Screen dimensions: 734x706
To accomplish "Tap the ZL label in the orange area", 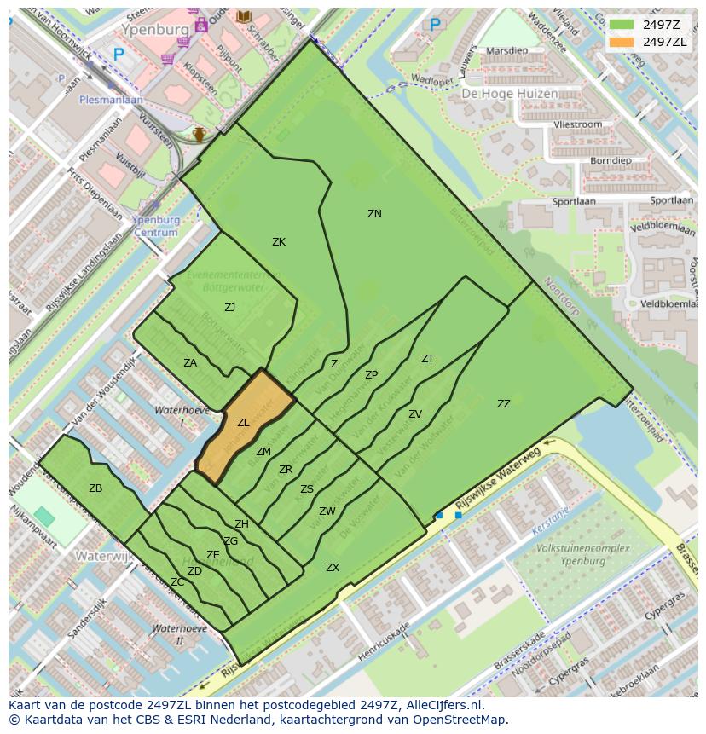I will pyautogui.click(x=243, y=423).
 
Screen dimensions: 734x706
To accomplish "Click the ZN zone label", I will pyautogui.click(x=374, y=214).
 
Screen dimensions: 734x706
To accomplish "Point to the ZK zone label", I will pyautogui.click(x=279, y=242).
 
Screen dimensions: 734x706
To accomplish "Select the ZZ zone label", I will pyautogui.click(x=504, y=404).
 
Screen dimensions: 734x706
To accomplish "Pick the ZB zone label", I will pyautogui.click(x=95, y=488).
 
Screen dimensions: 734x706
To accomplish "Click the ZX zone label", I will pyautogui.click(x=333, y=567).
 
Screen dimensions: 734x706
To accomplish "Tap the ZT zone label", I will pyautogui.click(x=427, y=359).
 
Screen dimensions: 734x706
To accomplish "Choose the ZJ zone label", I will pyautogui.click(x=229, y=308).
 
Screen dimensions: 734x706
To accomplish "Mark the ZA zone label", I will pyautogui.click(x=190, y=363).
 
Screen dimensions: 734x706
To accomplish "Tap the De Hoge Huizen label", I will pyautogui.click(x=509, y=94).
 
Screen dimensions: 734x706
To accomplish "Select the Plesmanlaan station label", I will pyautogui.click(x=111, y=99).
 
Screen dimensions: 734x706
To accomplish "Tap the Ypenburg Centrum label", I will pyautogui.click(x=156, y=226).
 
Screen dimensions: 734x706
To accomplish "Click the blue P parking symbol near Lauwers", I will pyautogui.click(x=436, y=26).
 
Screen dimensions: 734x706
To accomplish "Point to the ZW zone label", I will pyautogui.click(x=327, y=511).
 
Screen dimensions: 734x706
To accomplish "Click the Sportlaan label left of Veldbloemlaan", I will pyautogui.click(x=573, y=202).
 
